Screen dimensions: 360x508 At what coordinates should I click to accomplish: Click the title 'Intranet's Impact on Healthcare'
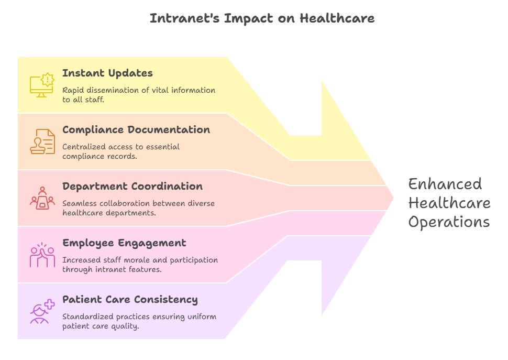coord(262,18)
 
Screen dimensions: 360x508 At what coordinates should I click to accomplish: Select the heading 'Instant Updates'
coord(107,73)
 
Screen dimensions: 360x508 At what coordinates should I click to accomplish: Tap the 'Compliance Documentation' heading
coord(136,130)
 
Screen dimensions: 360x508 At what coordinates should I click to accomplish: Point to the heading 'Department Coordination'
coord(132,187)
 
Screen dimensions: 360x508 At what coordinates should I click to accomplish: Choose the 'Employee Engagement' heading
coord(124,243)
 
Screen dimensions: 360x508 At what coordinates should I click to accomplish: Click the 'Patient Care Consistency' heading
coord(130,300)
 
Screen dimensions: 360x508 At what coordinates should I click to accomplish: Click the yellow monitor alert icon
coord(42,85)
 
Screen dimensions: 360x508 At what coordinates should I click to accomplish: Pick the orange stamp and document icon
coord(42,141)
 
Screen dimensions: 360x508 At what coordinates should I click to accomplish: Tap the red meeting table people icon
coord(42,198)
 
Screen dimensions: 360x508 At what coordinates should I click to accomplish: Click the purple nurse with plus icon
coord(42,311)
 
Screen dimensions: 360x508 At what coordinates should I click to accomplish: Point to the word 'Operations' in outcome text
coord(449,222)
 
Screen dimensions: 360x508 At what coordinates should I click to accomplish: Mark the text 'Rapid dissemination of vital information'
coord(138,90)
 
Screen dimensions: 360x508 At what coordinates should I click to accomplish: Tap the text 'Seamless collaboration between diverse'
coord(138,203)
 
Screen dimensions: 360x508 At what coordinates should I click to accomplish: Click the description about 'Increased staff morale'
coord(140,260)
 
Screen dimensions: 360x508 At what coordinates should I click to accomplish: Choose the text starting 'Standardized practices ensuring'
coord(139,317)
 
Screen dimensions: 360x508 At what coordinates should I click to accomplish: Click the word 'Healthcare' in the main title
coord(337,18)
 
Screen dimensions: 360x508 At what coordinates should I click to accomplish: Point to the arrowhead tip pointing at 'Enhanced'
coord(392,198)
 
